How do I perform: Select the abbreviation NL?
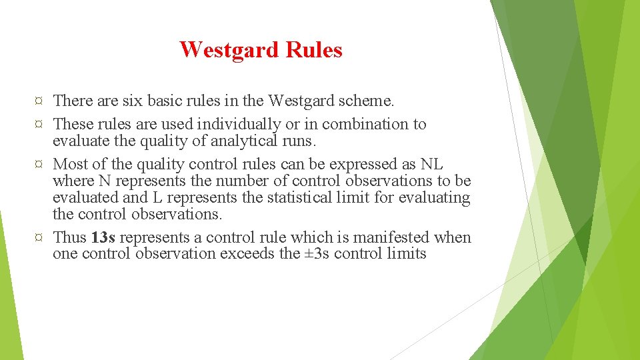431,164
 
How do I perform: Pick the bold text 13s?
103,237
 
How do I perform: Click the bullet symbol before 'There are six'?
39,101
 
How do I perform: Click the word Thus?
69,237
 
